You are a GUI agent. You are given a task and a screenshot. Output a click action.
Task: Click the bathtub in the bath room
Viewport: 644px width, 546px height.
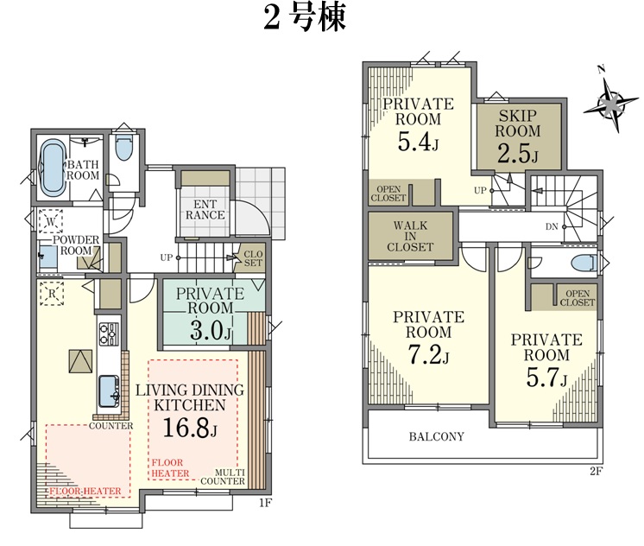pos(53,168)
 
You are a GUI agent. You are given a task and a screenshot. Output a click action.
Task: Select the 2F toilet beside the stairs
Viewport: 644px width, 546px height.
pos(583,263)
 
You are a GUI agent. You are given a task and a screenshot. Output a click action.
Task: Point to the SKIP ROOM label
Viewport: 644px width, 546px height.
pos(517,124)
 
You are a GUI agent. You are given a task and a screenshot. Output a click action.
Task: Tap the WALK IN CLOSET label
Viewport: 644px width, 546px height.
pos(410,237)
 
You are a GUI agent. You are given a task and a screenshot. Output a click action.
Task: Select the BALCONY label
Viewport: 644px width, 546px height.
pos(437,436)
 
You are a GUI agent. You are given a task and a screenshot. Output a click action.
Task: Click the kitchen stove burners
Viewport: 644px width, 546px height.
pos(110,333)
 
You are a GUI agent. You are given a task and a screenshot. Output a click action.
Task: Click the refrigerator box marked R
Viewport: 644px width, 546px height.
pos(52,294)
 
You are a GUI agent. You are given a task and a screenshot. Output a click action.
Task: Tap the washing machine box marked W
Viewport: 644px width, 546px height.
pos(51,222)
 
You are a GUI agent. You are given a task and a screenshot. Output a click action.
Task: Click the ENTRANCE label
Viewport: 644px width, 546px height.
pos(205,210)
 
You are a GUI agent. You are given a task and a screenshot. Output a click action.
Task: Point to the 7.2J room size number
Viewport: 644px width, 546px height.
pos(428,354)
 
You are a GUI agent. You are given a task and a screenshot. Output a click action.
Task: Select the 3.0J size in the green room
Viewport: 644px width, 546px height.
pos(212,331)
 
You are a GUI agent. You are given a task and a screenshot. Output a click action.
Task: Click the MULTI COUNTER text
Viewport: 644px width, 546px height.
pos(223,477)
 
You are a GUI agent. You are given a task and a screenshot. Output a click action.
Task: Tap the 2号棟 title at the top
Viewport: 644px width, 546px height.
pos(305,17)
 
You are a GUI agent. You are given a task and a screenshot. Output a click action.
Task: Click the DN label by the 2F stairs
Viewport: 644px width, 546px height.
pos(552,226)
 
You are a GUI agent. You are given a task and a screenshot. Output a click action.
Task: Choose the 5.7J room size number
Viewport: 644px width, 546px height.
pos(546,377)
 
